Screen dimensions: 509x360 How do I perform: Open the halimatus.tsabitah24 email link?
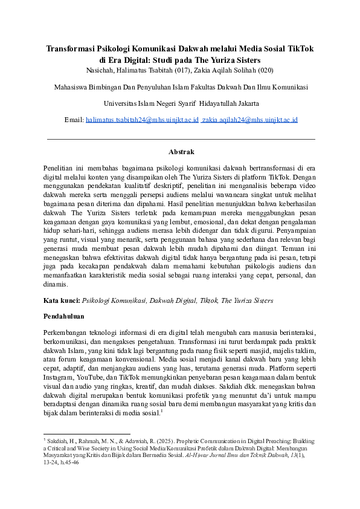(142, 120)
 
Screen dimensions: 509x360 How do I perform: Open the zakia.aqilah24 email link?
(249, 120)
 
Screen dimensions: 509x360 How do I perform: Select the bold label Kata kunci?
(62, 300)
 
